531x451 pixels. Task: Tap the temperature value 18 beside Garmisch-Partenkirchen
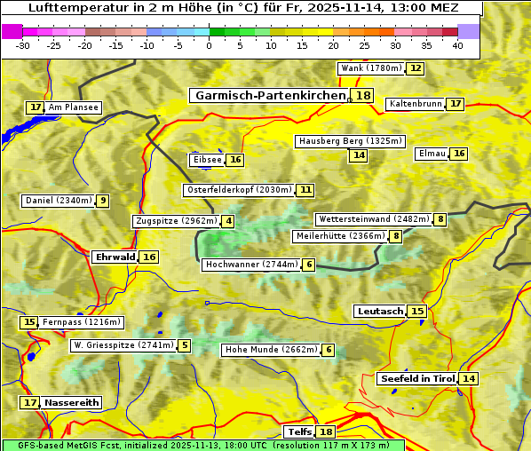pyautogui.click(x=362, y=96)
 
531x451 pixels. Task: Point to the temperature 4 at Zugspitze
pyautogui.click(x=228, y=221)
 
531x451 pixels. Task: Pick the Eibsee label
pyautogui.click(x=206, y=160)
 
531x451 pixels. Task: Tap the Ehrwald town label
pyautogui.click(x=115, y=257)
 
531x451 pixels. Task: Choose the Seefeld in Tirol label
pyautogui.click(x=416, y=378)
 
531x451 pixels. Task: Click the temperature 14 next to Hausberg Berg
pyautogui.click(x=358, y=155)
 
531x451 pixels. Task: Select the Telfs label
pyautogui.click(x=299, y=432)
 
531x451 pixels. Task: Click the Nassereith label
pyautogui.click(x=72, y=402)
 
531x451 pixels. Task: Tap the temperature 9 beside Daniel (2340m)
pyautogui.click(x=103, y=201)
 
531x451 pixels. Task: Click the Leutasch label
pyautogui.click(x=380, y=311)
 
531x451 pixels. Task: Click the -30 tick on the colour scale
pyautogui.click(x=23, y=45)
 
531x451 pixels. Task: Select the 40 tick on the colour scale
pyautogui.click(x=457, y=45)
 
